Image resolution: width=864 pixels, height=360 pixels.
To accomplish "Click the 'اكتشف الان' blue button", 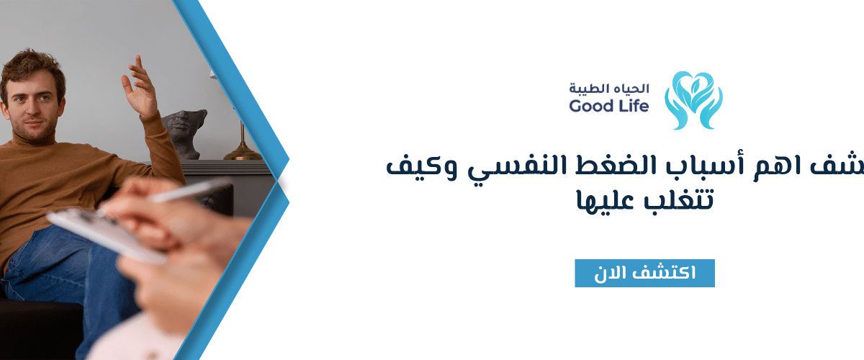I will pos(644,274).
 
